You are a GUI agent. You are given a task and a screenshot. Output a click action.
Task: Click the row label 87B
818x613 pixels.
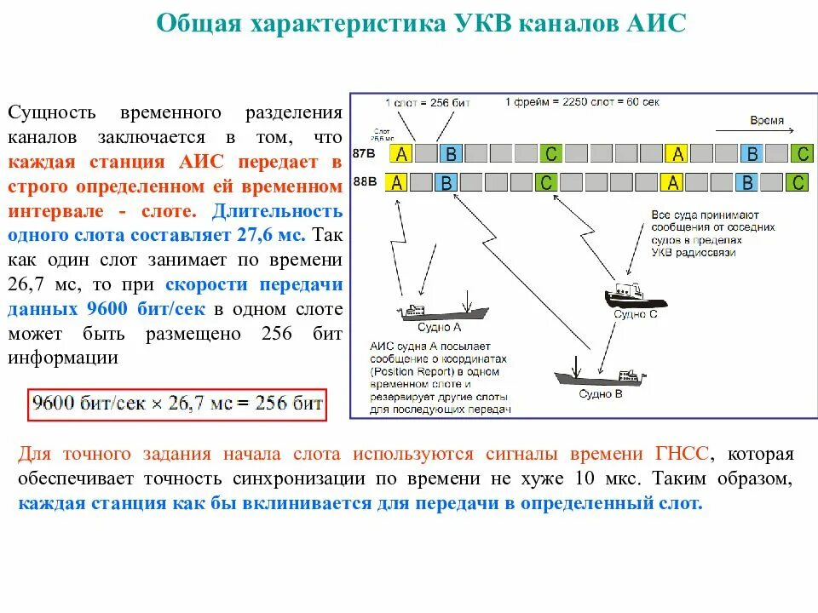pyautogui.click(x=364, y=154)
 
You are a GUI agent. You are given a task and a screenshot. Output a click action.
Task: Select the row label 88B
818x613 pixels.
pyautogui.click(x=364, y=181)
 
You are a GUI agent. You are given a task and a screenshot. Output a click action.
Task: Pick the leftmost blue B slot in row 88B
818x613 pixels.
pyautogui.click(x=446, y=182)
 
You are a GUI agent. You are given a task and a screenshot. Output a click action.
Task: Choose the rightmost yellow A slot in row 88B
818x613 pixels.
pyautogui.click(x=674, y=182)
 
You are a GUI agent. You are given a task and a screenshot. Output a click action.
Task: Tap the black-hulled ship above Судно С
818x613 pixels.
pyautogui.click(x=635, y=295)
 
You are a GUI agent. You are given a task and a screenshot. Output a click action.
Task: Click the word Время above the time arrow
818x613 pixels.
pyautogui.click(x=767, y=120)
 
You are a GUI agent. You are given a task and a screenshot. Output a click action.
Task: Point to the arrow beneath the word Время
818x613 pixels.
pyautogui.click(x=754, y=131)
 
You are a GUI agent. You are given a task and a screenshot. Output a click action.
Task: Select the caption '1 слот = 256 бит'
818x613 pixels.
pyautogui.click(x=427, y=102)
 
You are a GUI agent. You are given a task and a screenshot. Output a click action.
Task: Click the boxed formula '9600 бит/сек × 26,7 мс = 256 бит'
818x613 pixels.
pyautogui.click(x=177, y=403)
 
